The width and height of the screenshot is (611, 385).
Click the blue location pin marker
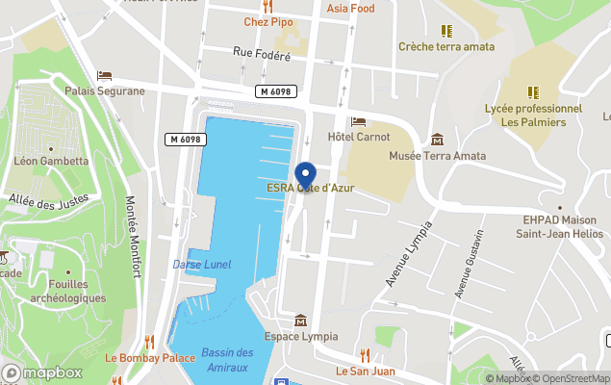305,176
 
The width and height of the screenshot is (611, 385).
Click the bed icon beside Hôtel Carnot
359,121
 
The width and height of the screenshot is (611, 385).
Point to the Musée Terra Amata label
437,156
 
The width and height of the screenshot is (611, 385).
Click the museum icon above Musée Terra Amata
438,141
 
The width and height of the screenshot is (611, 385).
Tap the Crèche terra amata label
446,46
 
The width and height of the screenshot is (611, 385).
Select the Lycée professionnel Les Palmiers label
534,115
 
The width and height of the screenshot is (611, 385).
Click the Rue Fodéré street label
262,56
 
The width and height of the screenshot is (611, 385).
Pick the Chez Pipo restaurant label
267,21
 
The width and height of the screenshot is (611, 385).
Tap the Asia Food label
350,9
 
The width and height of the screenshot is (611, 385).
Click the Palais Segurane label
105,91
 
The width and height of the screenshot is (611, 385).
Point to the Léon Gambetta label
51,161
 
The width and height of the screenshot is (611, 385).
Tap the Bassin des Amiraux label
227,358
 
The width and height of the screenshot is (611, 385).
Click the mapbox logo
42,372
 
